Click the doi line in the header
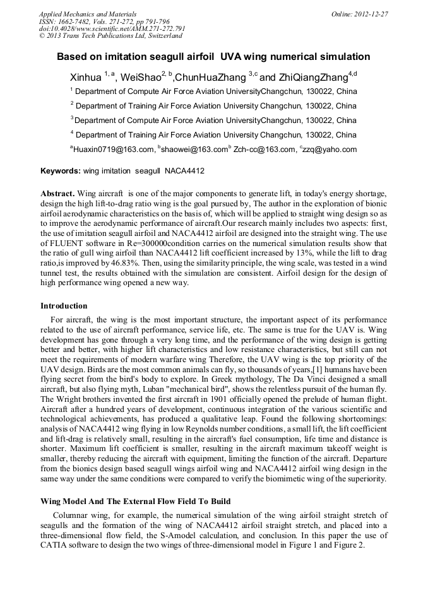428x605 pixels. [x=112, y=28]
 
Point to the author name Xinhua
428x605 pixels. [x=85, y=78]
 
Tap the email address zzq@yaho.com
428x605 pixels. [x=330, y=150]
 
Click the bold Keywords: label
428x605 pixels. [x=61, y=171]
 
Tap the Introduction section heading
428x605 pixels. [x=64, y=306]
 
